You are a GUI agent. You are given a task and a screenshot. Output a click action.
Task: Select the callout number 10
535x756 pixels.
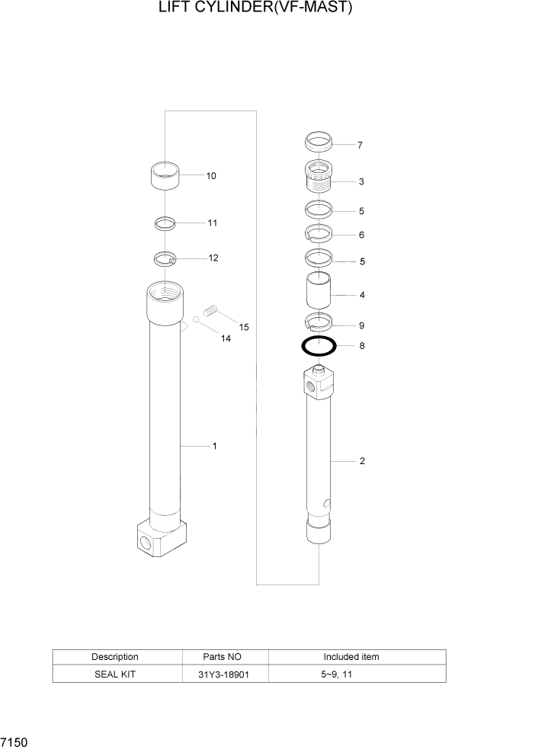coord(211,176)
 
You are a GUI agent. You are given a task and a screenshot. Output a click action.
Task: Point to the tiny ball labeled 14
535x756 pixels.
coord(196,319)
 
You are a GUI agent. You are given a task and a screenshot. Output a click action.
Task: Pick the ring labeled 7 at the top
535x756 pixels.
coord(319,142)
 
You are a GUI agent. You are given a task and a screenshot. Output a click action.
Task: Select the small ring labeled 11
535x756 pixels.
coord(165,223)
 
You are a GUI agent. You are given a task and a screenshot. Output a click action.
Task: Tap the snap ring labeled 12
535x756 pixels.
coord(165,259)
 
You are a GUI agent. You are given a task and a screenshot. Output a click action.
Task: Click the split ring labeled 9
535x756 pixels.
coord(319,321)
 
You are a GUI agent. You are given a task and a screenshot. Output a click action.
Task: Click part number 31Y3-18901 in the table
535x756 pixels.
coord(224,674)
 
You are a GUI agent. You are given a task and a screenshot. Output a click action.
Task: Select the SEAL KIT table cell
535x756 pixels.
coord(115,674)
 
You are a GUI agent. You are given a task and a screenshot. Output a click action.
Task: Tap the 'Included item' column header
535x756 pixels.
coord(351,656)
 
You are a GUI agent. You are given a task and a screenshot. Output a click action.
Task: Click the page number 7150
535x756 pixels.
coord(14,741)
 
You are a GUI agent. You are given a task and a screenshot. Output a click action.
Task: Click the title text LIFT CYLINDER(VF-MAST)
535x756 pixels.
coord(255,8)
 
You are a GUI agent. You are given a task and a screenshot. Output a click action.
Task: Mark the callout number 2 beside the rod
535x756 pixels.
coord(362,461)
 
